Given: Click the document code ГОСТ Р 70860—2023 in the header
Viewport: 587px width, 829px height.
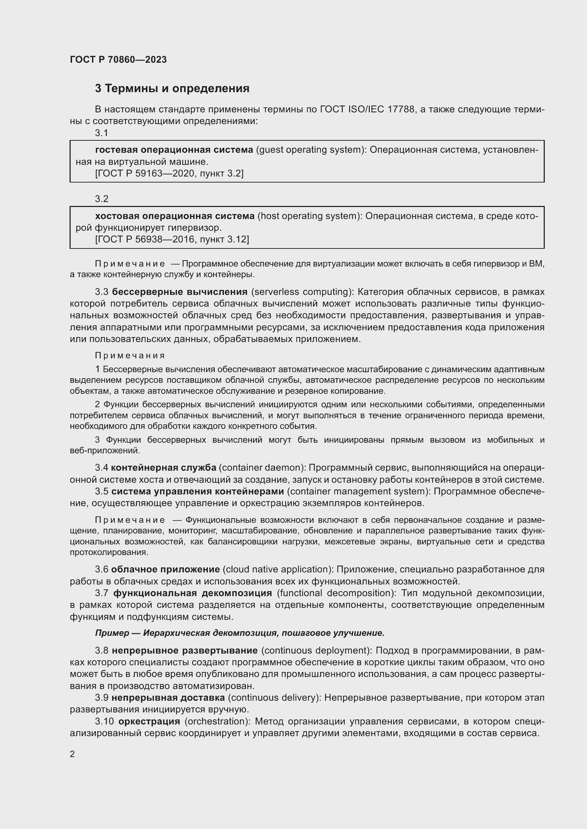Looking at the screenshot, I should click(118, 60).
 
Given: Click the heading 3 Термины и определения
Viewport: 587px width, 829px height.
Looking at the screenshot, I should click(172, 89).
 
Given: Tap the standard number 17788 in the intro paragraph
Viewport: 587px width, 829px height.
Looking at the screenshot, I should click(401, 109).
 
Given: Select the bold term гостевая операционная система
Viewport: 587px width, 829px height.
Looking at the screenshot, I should click(174, 150).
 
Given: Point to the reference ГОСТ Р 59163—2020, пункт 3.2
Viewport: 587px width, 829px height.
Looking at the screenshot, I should click(169, 174).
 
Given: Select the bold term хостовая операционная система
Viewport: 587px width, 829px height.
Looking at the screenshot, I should click(175, 216).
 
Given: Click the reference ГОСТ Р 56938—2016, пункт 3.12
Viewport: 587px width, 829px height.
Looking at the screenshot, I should click(172, 239).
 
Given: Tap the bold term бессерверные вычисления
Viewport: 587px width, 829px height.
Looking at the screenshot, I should click(180, 292).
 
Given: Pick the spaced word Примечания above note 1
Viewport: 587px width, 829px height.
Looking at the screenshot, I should click(130, 355).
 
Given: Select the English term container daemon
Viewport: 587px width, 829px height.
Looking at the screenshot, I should click(262, 467).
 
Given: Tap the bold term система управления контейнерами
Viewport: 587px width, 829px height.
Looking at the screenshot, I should click(198, 491).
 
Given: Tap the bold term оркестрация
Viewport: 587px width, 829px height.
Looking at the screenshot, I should click(149, 721).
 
